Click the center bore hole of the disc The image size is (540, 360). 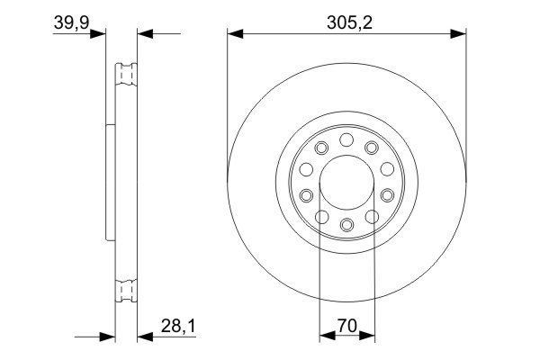click(346, 181)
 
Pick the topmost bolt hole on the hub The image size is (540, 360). click(346, 139)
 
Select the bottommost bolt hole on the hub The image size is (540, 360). click(346, 223)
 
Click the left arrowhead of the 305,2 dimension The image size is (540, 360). click(235, 35)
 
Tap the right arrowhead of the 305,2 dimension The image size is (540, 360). click(458, 35)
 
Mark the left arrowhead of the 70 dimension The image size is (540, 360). click(326, 337)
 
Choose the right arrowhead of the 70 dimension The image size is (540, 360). click(367, 337)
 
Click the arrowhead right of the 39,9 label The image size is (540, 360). click(99, 35)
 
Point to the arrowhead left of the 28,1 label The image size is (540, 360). click(144, 337)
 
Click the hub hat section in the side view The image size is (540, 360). click(111, 181)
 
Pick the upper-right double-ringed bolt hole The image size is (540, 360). click(370, 148)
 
